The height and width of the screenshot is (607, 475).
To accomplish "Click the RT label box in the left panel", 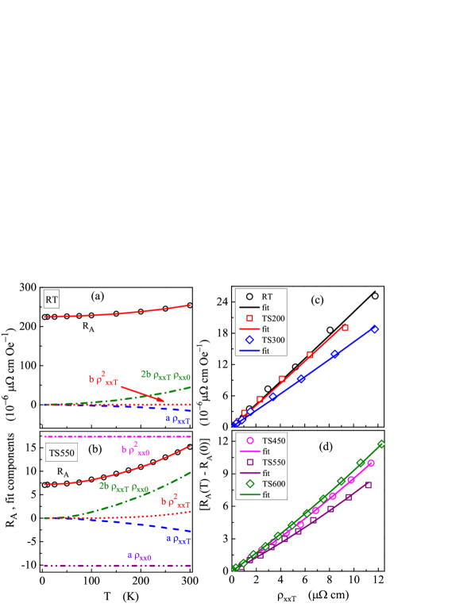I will [x=52, y=300].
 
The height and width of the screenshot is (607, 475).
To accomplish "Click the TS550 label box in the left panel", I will [x=61, y=453].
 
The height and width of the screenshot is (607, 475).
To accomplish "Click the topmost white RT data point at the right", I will [x=375, y=296].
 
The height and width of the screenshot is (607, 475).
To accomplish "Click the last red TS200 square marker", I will [x=345, y=327].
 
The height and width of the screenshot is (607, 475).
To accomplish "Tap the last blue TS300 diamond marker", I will [x=375, y=329].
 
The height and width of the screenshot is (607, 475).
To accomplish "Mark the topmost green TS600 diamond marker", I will [x=381, y=444].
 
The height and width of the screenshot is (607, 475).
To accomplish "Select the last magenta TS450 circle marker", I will [x=371, y=463].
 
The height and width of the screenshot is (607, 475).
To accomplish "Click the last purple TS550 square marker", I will [x=369, y=484].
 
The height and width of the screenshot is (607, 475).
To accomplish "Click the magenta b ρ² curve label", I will [x=135, y=450].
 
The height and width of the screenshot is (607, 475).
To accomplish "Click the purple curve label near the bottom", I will [x=140, y=557].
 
